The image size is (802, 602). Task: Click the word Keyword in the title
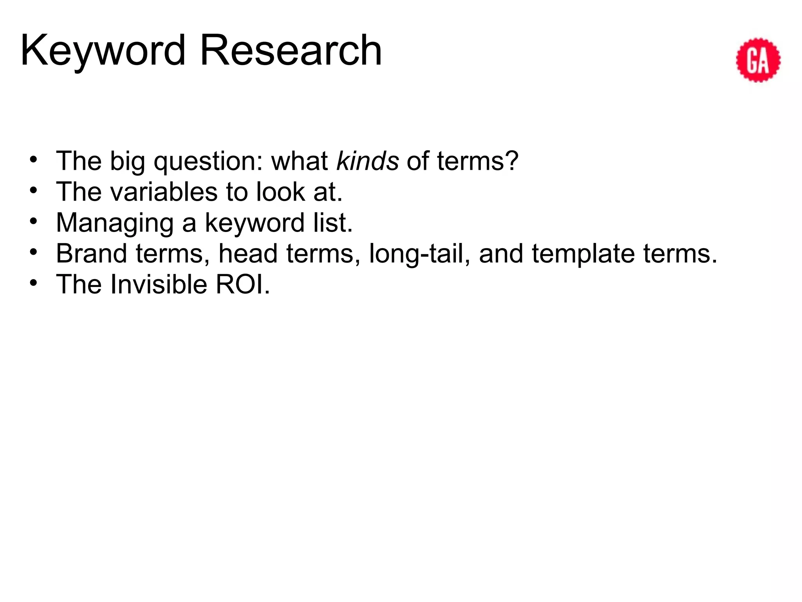click(103, 51)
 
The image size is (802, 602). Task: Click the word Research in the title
click(291, 51)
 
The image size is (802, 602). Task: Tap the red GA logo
click(758, 60)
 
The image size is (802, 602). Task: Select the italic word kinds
click(368, 161)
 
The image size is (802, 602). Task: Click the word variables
click(164, 192)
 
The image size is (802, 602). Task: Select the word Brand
click(91, 253)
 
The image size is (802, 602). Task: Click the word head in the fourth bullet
click(248, 253)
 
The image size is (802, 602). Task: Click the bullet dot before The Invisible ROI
click(34, 282)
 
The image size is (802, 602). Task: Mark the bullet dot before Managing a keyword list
click(34, 221)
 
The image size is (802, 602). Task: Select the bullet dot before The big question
click(34, 159)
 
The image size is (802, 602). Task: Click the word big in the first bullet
click(127, 161)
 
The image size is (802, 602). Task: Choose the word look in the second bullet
click(280, 192)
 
